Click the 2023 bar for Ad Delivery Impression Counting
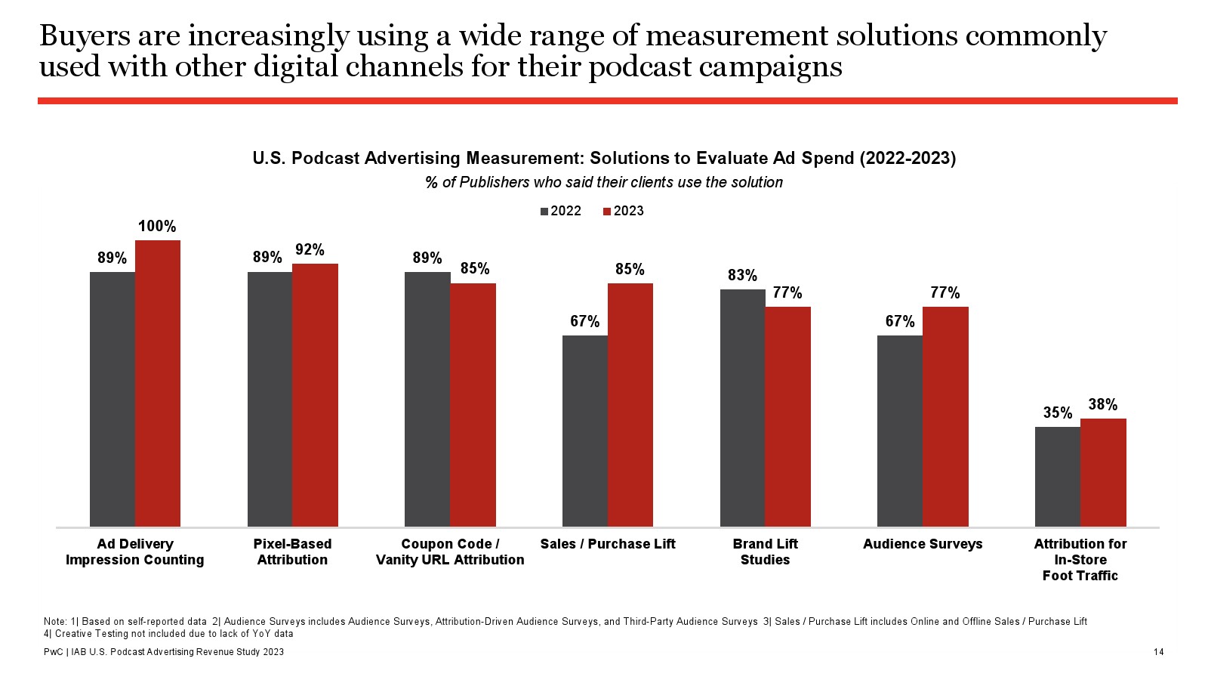pyautogui.click(x=158, y=383)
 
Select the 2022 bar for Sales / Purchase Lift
pyautogui.click(x=585, y=431)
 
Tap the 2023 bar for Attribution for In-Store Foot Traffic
pyautogui.click(x=1103, y=472)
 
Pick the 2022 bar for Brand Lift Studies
pyautogui.click(x=742, y=408)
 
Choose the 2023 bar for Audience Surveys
pyautogui.click(x=945, y=416)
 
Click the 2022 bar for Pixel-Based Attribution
pyautogui.click(x=270, y=399)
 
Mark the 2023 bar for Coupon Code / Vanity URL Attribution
pyautogui.click(x=473, y=405)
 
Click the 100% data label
pyautogui.click(x=157, y=227)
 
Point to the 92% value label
pyautogui.click(x=310, y=250)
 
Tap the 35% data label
pyautogui.click(x=1058, y=413)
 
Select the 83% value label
pyautogui.click(x=742, y=276)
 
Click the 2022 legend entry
pyautogui.click(x=561, y=211)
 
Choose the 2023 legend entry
pyautogui.click(x=624, y=211)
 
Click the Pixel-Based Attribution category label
pyautogui.click(x=292, y=552)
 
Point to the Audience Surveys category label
pyautogui.click(x=923, y=544)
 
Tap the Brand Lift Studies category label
pyautogui.click(x=765, y=552)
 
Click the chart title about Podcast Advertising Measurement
pyautogui.click(x=604, y=158)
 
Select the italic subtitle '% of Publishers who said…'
pyautogui.click(x=604, y=182)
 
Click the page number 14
pyautogui.click(x=1158, y=652)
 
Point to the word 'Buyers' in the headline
pyautogui.click(x=83, y=36)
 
